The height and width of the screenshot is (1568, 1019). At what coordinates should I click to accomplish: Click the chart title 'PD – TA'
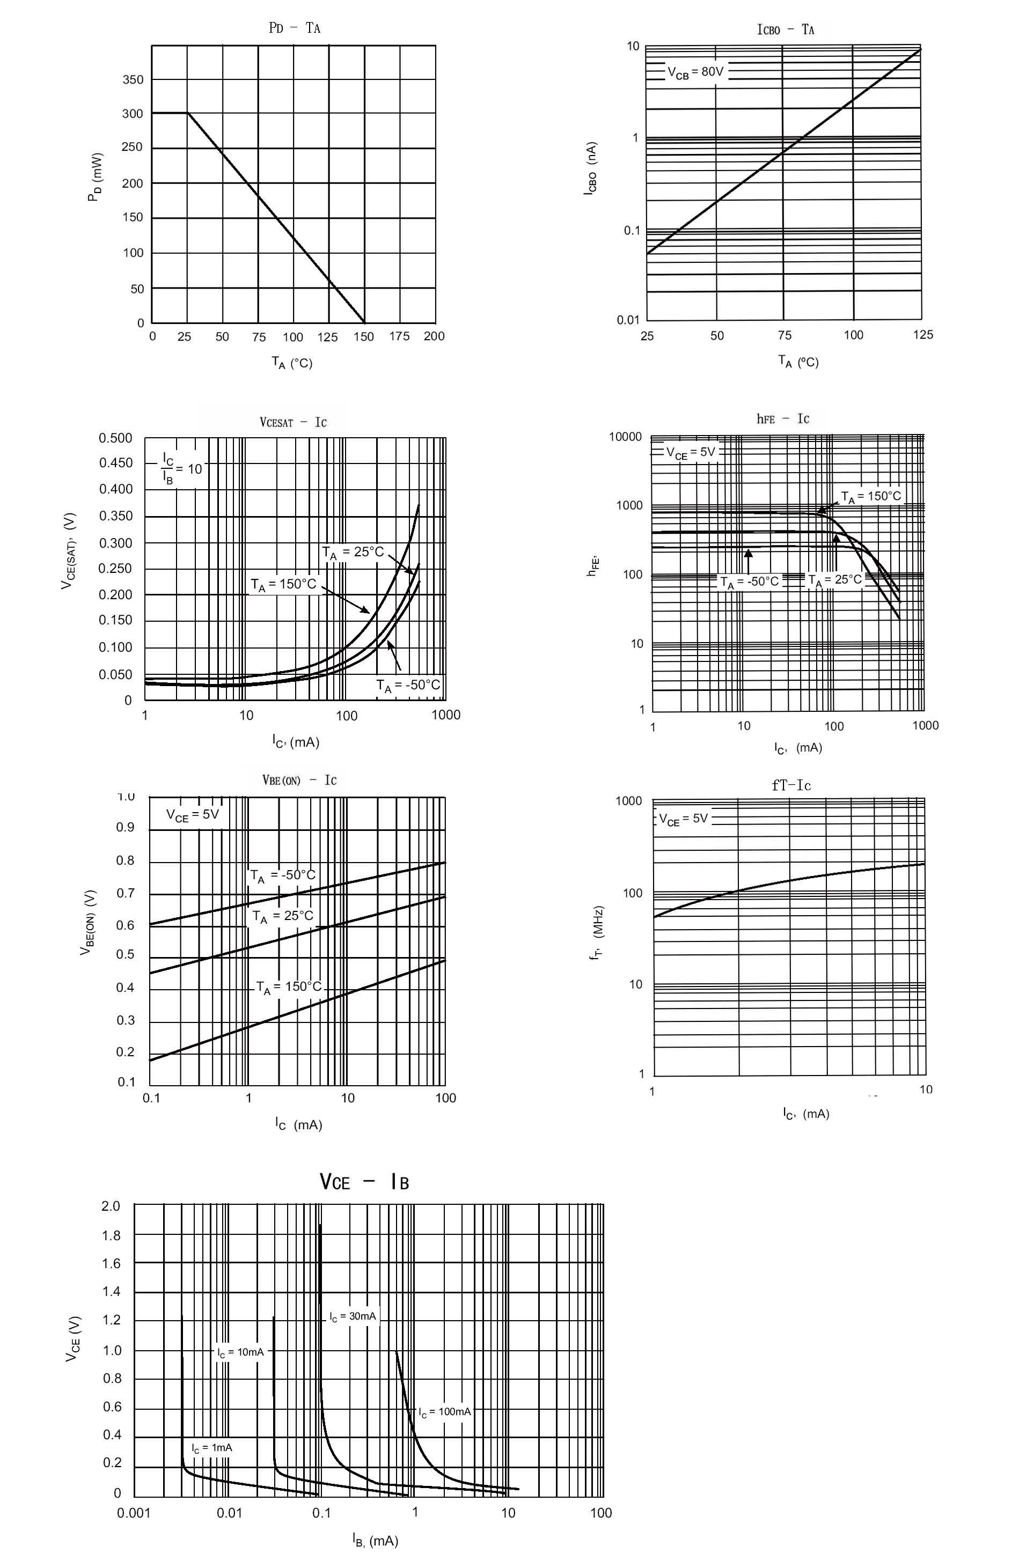(294, 28)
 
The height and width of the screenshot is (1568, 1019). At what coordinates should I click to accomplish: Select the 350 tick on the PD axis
(133, 80)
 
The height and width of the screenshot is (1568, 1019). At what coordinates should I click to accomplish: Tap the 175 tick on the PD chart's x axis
(399, 336)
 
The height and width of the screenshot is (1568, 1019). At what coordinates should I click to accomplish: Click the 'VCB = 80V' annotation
(695, 72)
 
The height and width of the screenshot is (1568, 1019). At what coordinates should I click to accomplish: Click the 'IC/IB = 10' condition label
(181, 468)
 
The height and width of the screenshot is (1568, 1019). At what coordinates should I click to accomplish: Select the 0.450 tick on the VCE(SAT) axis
(115, 463)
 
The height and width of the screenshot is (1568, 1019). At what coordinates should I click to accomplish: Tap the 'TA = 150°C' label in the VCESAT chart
(283, 584)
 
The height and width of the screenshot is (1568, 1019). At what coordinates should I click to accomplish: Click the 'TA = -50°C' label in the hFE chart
(750, 581)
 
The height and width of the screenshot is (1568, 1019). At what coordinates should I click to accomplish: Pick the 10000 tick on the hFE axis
(625, 437)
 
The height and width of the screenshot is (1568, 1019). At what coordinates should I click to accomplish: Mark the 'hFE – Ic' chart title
(782, 419)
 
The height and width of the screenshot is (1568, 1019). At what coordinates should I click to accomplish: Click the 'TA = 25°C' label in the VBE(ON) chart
(283, 916)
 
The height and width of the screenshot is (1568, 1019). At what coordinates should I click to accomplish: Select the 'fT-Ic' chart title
(791, 785)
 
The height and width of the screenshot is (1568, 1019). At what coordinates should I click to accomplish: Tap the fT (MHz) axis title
(597, 932)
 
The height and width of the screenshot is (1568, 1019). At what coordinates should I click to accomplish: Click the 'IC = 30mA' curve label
(353, 1316)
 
